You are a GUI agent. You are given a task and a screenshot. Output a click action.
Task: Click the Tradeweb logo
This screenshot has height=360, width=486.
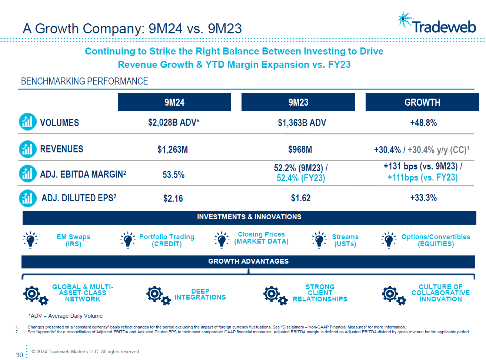[437, 24]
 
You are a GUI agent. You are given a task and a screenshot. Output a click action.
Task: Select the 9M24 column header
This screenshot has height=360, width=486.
[174, 102]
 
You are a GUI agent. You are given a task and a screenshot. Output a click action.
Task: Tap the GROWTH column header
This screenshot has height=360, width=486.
[422, 102]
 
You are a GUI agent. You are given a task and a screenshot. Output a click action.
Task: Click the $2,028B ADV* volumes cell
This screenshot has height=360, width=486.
[173, 123]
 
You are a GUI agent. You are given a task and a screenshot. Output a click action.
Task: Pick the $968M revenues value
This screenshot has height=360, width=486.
[300, 149]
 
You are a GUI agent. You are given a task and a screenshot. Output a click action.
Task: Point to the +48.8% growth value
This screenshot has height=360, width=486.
[423, 123]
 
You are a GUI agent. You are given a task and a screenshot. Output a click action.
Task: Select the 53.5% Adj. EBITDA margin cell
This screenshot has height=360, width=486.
[173, 175]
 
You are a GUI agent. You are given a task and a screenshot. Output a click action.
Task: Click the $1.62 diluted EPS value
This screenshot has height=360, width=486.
[300, 198]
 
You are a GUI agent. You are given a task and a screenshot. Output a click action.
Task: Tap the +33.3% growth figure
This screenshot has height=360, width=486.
[423, 198]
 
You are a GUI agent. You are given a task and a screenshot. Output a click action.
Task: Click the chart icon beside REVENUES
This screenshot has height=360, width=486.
[27, 149]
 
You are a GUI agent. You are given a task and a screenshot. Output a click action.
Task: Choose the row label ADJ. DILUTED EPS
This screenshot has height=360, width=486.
[79, 198]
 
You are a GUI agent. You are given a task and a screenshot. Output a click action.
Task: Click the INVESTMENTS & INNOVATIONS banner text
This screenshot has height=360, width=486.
[249, 217]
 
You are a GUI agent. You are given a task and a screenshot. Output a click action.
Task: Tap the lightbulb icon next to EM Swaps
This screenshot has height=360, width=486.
[30, 240]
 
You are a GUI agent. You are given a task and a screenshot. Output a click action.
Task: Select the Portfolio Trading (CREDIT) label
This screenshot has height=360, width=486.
[167, 240]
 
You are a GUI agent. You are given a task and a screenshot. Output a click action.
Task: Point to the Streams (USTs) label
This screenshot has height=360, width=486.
[345, 240]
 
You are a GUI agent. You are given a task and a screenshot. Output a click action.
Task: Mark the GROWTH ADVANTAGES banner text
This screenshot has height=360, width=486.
[248, 261]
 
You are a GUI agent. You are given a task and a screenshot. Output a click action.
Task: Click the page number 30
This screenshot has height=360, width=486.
[20, 355]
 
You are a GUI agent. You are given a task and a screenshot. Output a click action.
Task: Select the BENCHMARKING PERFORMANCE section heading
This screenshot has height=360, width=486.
[84, 81]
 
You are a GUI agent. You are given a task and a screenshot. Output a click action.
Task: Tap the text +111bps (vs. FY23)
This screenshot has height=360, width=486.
[422, 178]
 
